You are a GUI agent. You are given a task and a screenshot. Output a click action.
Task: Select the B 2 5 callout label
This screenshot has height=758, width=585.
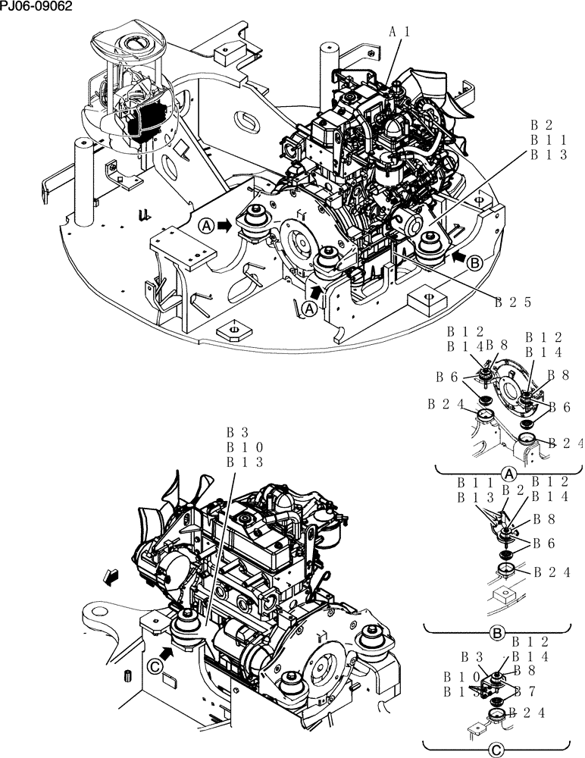click(511, 302)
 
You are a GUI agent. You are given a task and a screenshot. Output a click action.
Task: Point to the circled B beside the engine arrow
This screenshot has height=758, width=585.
click(475, 263)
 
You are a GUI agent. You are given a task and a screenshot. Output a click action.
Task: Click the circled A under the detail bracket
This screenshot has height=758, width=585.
click(509, 474)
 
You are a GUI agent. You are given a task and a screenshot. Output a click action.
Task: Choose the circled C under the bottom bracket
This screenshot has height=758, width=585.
click(496, 750)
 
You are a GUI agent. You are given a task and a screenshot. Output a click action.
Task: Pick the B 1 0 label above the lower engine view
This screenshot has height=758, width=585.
click(244, 447)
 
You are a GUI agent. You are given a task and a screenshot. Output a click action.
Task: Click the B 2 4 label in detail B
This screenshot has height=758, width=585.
click(552, 572)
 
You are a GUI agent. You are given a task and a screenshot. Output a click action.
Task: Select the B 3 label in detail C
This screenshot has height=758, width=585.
click(474, 656)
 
